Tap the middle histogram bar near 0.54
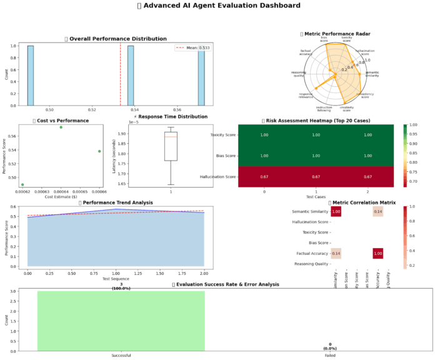click(131, 75)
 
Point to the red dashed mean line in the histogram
click(121, 75)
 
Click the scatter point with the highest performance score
click(61, 127)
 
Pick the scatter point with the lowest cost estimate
click(22, 184)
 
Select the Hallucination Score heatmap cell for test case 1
click(317, 177)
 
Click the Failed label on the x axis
click(329, 356)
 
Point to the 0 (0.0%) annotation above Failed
click(329, 346)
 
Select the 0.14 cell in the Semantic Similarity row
click(377, 212)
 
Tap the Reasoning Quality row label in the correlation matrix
click(311, 264)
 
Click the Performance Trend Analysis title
click(116, 202)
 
